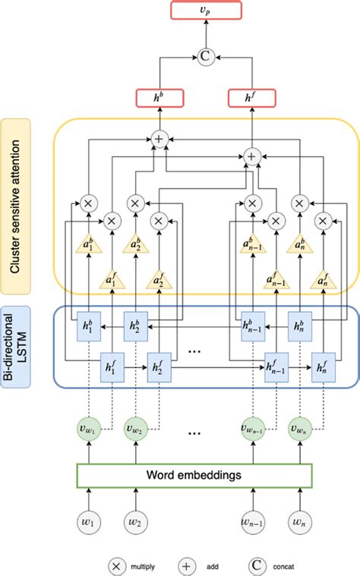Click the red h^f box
pos(250,97)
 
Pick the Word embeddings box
pos(194,475)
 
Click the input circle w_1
pos(89,524)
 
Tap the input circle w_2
pos(135,524)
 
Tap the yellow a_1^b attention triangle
pos(89,247)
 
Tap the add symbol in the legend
pos(185,565)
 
